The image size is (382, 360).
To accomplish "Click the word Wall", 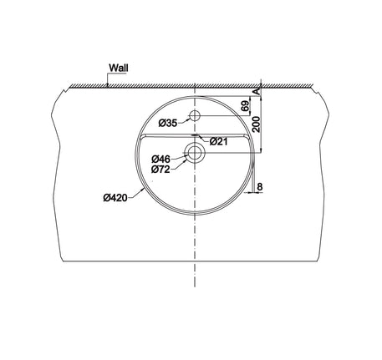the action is point(119,68).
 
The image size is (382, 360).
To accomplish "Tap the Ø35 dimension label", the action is point(168,123).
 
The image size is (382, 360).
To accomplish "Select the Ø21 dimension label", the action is point(219,142).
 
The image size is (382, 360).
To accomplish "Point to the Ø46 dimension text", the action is point(160,160).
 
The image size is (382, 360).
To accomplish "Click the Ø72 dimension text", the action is point(160,170).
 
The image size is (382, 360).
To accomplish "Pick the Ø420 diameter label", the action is point(115,198).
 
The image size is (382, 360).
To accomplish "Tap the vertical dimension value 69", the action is point(245,106).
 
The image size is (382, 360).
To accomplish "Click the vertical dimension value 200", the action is point(257,124).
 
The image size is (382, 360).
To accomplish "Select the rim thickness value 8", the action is point(260,187).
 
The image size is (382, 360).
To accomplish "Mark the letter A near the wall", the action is point(257,92).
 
